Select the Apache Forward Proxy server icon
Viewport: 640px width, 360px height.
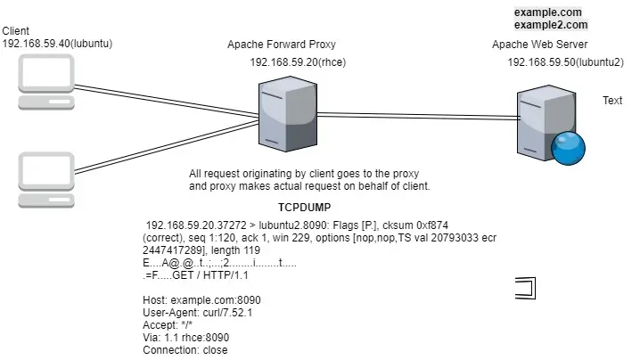pyautogui.click(x=282, y=114)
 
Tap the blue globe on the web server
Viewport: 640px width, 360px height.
pyautogui.click(x=567, y=147)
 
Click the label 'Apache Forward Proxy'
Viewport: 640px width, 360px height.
pyautogui.click(x=282, y=44)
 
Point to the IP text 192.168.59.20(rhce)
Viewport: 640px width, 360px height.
pyautogui.click(x=298, y=62)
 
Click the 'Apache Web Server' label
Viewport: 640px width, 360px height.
pyautogui.click(x=539, y=44)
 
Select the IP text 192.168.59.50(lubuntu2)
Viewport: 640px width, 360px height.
pyautogui.click(x=565, y=62)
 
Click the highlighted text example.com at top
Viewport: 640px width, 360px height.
pyautogui.click(x=547, y=12)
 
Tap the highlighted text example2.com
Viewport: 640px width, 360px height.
pyautogui.click(x=551, y=26)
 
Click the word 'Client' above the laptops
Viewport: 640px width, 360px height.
pyautogui.click(x=16, y=31)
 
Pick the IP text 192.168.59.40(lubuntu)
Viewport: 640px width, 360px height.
pyautogui.click(x=57, y=44)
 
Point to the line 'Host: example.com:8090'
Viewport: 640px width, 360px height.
pyautogui.click(x=201, y=300)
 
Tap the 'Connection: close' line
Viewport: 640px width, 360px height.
pyautogui.click(x=185, y=350)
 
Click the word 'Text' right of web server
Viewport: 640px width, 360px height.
pyautogui.click(x=612, y=101)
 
